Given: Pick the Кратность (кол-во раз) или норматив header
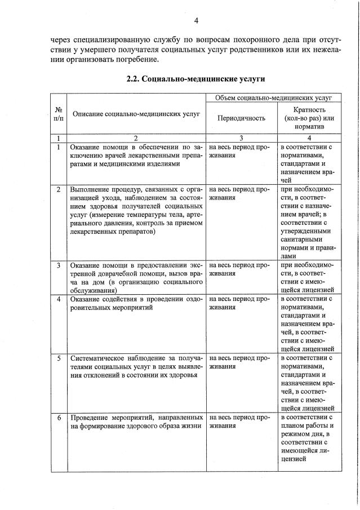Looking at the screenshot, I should point(310,118).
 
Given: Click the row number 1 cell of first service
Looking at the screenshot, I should point(59,147).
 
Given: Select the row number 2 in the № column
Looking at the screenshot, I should point(59,189).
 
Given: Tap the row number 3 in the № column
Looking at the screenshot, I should point(59,265).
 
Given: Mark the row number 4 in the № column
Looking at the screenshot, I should point(59,298).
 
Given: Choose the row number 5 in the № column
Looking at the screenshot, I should point(59,357).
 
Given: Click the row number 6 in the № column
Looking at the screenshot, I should point(59,418).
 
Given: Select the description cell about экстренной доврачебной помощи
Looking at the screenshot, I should point(136,277).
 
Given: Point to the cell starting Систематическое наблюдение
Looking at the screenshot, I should point(136,366).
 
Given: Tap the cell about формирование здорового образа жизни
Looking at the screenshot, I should point(136,422).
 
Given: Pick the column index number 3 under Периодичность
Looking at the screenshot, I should point(241,138).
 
